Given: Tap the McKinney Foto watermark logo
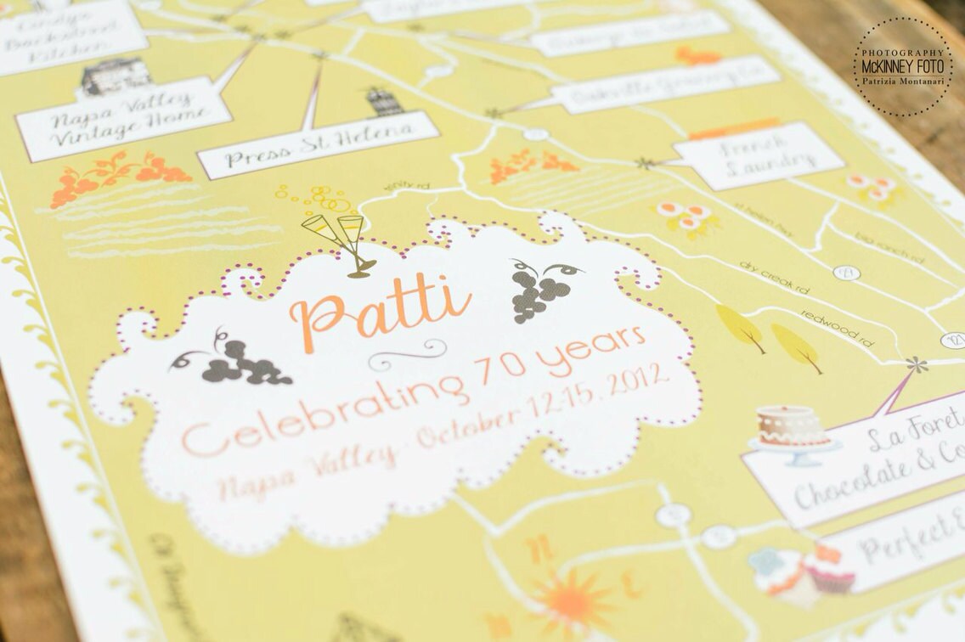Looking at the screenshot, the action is (x=903, y=66).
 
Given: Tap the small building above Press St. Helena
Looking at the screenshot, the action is (x=385, y=102).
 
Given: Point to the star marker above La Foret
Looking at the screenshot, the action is (x=915, y=366).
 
